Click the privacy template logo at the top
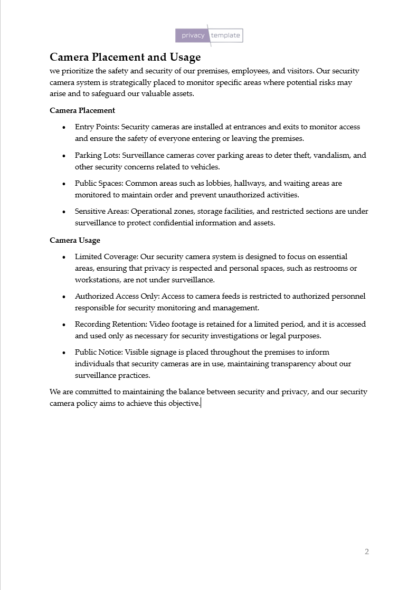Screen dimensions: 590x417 (x=209, y=35)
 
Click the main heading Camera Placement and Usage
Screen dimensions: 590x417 (x=125, y=57)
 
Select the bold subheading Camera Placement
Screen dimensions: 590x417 (x=82, y=110)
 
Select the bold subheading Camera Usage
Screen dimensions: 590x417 (x=75, y=240)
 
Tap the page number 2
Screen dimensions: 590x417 (x=367, y=551)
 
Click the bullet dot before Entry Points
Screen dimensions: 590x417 (x=64, y=128)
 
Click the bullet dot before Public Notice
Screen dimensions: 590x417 (x=64, y=353)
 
